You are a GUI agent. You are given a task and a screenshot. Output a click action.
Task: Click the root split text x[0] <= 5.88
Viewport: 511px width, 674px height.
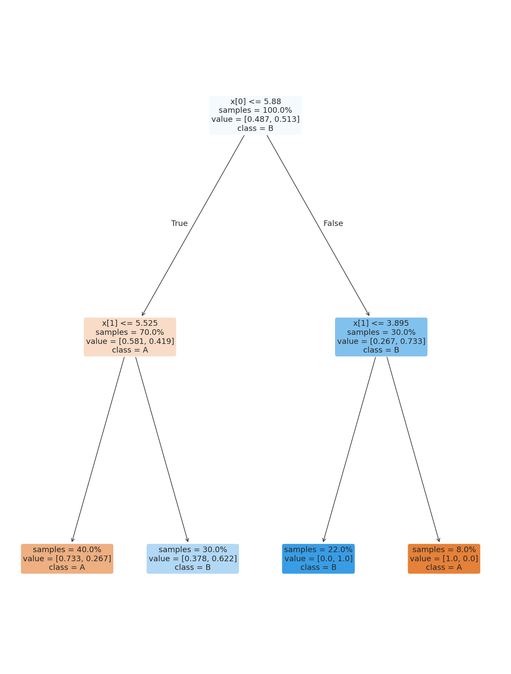click(255, 102)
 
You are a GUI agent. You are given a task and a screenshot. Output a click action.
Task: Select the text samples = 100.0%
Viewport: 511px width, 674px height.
click(255, 111)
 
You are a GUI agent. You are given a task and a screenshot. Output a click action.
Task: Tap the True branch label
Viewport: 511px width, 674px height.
click(179, 223)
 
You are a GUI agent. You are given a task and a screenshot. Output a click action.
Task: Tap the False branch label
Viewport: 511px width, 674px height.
click(333, 223)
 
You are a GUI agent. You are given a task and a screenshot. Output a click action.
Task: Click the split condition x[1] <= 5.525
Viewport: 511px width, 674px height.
click(130, 323)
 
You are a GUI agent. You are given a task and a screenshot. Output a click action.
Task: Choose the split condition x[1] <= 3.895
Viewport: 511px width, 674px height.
click(381, 323)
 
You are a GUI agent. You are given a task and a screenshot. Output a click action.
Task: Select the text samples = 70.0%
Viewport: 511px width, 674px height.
click(130, 332)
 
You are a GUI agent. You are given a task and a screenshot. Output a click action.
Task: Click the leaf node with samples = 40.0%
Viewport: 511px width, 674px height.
click(67, 559)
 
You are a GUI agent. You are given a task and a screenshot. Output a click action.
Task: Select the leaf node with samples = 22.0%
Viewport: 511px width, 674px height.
click(318, 559)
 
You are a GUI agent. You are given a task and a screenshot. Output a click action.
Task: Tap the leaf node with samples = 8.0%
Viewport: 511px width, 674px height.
click(444, 559)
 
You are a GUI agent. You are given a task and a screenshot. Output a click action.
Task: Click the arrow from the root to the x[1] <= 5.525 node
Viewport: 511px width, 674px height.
click(193, 226)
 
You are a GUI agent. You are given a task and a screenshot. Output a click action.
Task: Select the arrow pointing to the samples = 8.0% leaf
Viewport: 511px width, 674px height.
click(413, 449)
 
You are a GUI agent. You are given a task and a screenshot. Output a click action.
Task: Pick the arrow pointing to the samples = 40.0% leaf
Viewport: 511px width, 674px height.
click(98, 449)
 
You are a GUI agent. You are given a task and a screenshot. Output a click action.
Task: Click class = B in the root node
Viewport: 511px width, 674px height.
click(255, 128)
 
